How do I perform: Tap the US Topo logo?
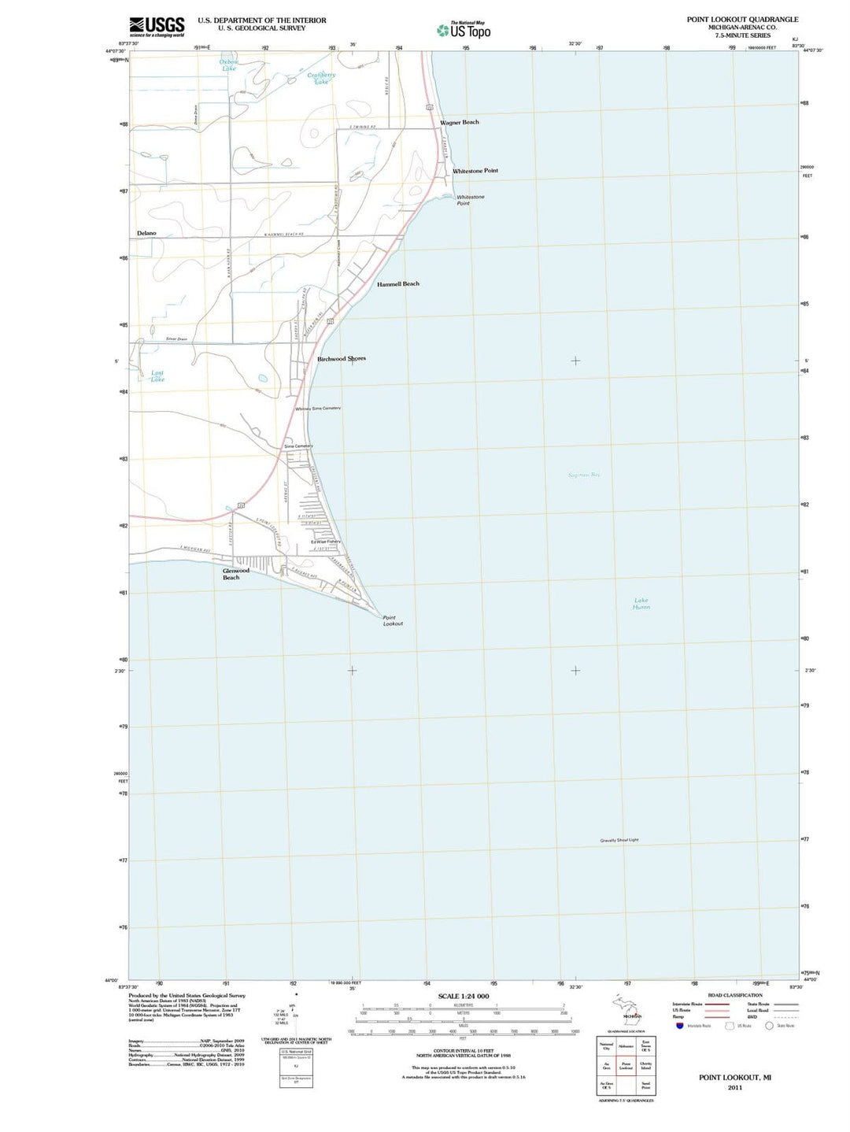(x=464, y=30)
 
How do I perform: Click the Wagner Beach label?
(x=459, y=122)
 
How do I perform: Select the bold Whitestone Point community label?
(x=475, y=171)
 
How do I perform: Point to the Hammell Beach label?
(x=397, y=283)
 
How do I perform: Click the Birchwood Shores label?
(x=341, y=358)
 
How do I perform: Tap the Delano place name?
(x=146, y=233)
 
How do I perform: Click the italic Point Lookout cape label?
(x=393, y=620)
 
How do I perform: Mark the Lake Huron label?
(x=641, y=604)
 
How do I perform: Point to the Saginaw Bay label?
(x=584, y=475)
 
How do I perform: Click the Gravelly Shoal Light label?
(x=619, y=840)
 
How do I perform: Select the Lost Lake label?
(x=157, y=376)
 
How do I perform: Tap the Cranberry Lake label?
(x=321, y=78)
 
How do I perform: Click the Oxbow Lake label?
(x=228, y=65)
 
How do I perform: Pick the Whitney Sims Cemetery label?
(x=318, y=409)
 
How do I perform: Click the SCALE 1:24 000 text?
(x=463, y=997)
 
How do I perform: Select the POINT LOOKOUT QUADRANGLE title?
(x=742, y=20)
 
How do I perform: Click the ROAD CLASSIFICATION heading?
(x=713, y=995)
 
